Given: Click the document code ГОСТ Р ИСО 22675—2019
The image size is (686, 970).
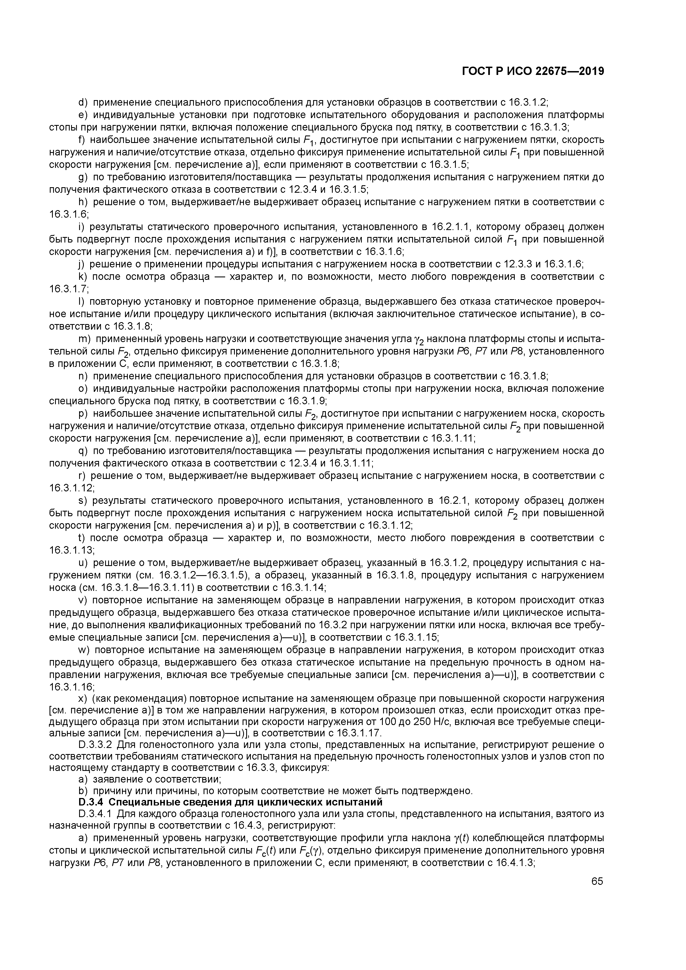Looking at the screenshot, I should (x=533, y=72).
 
